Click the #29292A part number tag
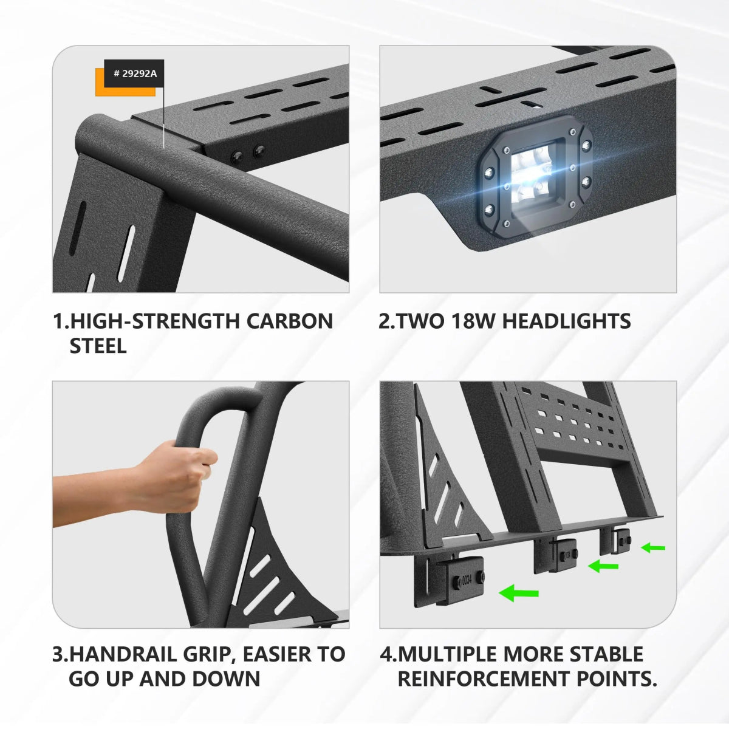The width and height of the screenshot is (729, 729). coord(134,74)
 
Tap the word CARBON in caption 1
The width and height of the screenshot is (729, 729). coord(290,321)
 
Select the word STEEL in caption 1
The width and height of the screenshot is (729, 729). coord(98,346)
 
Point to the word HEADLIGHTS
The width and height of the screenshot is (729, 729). coord(566,321)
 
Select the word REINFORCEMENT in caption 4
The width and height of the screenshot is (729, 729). coord(484,679)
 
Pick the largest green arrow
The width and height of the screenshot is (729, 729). coord(519,592)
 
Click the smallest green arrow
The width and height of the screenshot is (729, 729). coord(653,547)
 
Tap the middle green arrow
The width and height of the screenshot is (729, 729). coord(603,566)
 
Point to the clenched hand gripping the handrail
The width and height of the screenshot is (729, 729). coord(178,478)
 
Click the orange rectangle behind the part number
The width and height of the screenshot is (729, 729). coord(125,83)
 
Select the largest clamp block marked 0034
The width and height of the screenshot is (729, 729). coord(460,580)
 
